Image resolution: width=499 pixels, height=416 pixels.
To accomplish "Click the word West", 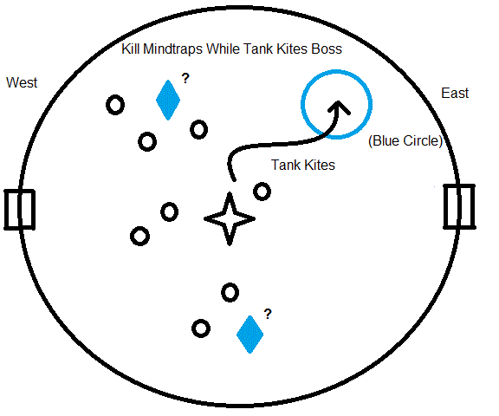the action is (22, 82).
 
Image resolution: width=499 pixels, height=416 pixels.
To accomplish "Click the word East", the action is (455, 94).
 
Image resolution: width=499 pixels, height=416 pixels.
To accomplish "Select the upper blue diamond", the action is (168, 100).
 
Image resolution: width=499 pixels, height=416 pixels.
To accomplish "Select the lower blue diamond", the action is (249, 335).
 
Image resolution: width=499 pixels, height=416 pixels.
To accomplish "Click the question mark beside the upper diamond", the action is (185, 78).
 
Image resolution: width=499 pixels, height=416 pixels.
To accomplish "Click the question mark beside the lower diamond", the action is (268, 314).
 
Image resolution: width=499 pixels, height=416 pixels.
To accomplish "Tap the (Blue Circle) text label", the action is (405, 140).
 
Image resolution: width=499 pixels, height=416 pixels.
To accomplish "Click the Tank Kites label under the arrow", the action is (303, 165).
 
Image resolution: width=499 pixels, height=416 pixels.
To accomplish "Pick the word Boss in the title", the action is (327, 49).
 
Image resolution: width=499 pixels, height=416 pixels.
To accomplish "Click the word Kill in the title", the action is (131, 49).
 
